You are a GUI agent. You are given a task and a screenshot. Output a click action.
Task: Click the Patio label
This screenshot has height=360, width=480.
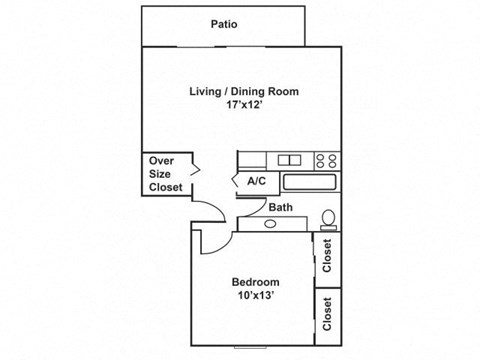click(224, 26)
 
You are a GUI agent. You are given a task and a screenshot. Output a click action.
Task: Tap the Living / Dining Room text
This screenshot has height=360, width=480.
click(244, 92)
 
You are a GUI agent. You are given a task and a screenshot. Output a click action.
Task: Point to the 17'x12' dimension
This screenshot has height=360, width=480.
click(244, 108)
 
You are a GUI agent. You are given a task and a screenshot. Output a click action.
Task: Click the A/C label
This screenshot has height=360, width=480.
click(255, 182)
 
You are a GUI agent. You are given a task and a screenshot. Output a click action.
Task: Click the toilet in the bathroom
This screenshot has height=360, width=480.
click(327, 217)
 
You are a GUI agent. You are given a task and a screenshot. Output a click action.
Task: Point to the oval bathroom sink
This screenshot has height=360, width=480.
click(270, 222)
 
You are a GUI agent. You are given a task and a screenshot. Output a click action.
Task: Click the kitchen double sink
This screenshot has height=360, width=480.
click(290, 159)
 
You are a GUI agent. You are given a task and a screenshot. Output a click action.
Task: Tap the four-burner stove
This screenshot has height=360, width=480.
click(326, 159)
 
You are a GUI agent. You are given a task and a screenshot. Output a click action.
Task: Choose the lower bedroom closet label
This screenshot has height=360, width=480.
click(327, 314)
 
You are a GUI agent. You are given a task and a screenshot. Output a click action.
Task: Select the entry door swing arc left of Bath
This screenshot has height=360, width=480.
click(207, 212)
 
